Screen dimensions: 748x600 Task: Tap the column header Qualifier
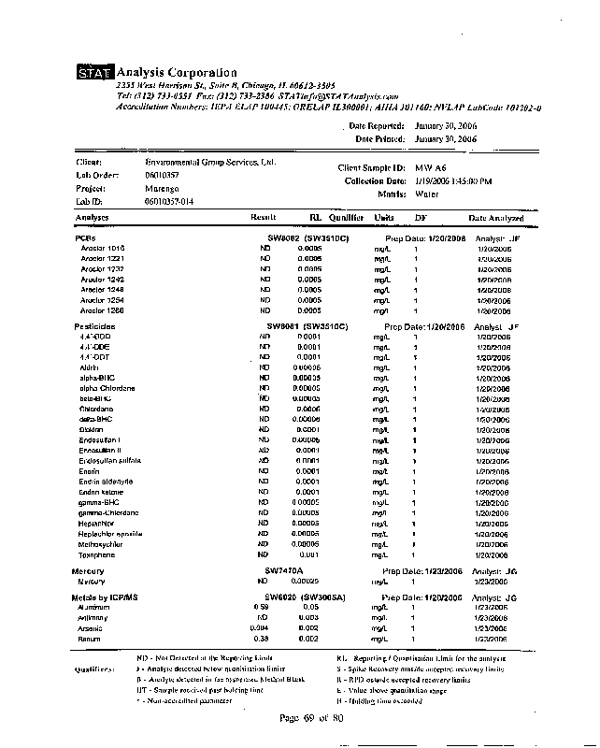[x=346, y=217]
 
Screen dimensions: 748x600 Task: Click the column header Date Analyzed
[x=496, y=217]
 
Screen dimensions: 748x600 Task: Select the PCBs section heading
[x=85, y=238]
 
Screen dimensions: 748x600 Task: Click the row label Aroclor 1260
[x=103, y=309]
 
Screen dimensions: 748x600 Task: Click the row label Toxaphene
[x=96, y=554]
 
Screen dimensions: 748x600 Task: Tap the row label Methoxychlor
[x=101, y=543]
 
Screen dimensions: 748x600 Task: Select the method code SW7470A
[x=286, y=569]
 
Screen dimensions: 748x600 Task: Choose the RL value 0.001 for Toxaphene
[x=308, y=554]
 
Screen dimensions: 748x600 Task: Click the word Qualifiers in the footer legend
[x=95, y=669]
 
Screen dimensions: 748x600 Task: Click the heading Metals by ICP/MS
[x=105, y=597]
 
